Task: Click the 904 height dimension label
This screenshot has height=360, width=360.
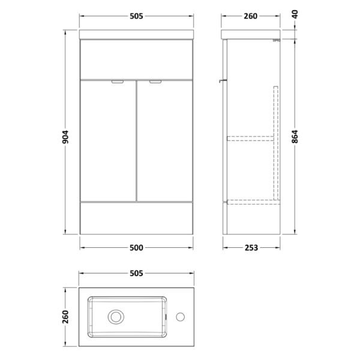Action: pos(65,137)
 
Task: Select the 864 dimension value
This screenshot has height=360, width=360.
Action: pos(295,137)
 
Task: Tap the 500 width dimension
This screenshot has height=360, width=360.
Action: pos(136,248)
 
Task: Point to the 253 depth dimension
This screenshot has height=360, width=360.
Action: pos(251,248)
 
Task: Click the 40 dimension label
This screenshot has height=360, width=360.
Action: pos(295,14)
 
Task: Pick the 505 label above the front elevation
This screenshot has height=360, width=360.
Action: pos(136,16)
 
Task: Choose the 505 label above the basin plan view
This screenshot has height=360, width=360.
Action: pos(136,273)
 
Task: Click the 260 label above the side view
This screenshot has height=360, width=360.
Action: pos(250,16)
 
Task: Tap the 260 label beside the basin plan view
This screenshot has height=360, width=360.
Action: pos(65,317)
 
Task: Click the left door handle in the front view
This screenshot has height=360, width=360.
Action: pos(118,82)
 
